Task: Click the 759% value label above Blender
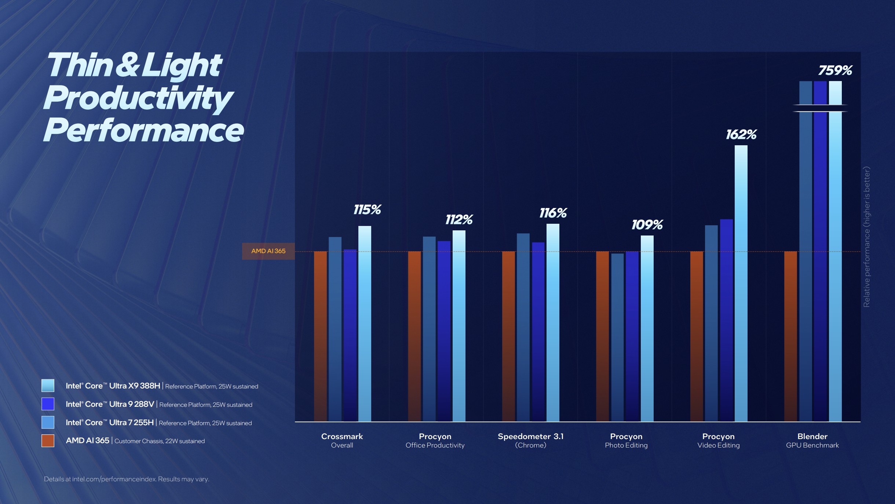835,70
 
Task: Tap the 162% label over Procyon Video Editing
741,134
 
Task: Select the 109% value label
647,224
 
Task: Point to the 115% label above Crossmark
367,209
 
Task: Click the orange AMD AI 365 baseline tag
268,251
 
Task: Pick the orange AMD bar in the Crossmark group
320,336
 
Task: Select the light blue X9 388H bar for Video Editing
741,282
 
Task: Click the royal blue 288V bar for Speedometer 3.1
538,330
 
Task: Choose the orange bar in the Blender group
790,336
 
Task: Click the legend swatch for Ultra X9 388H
48,386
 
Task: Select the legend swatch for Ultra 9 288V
48,404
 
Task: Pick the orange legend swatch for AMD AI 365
48,441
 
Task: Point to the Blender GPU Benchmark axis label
812,440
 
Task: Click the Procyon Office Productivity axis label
435,440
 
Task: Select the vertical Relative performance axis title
866,237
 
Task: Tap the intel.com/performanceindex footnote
127,479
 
